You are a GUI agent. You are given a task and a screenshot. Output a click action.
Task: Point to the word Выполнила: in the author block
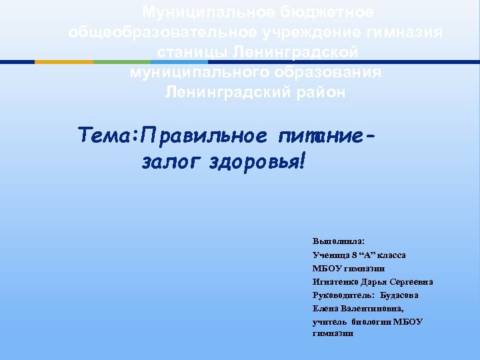[x=334, y=242]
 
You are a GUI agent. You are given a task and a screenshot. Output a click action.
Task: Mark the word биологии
[x=368, y=321]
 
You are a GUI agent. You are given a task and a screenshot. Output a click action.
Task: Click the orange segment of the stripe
[x=64, y=62]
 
